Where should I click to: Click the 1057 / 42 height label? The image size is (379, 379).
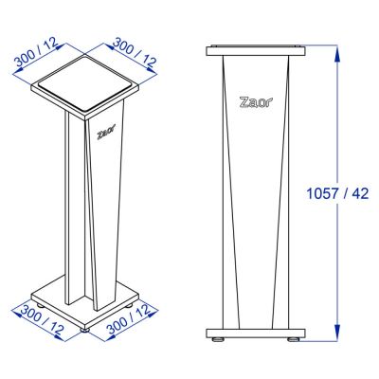(337, 193)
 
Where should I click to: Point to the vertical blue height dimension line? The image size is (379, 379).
(337, 265)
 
